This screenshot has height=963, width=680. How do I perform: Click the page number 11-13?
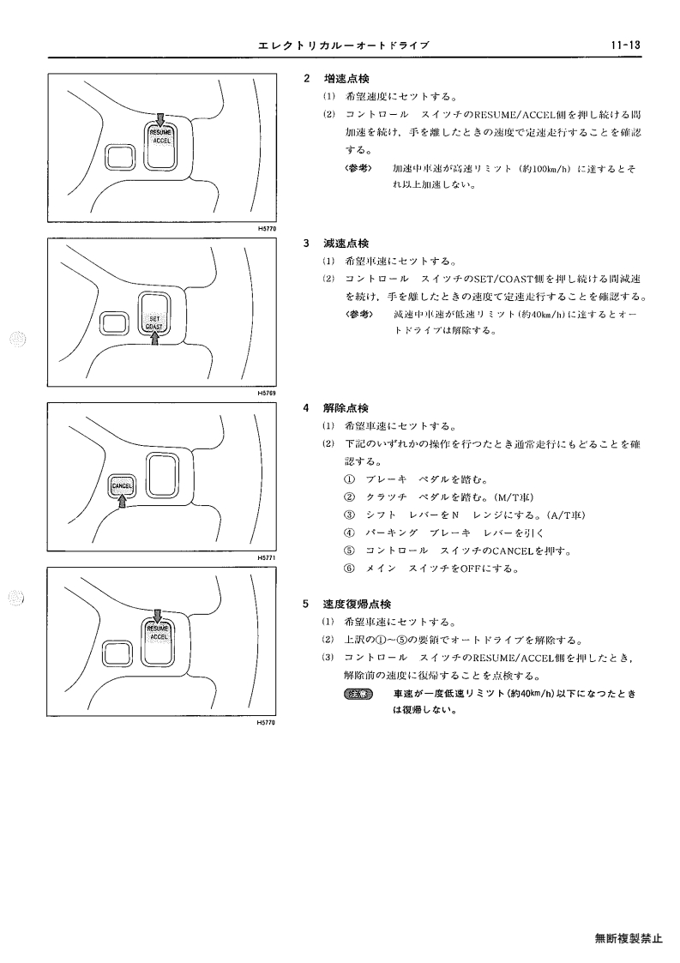click(625, 45)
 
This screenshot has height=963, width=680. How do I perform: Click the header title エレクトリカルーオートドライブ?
click(343, 45)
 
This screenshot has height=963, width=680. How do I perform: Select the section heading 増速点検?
click(346, 79)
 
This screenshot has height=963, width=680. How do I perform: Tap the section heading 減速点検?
click(346, 244)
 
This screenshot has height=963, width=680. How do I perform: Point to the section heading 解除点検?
click(346, 408)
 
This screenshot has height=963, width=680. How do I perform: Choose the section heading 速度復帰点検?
click(358, 604)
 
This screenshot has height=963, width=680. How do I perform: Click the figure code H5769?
click(267, 393)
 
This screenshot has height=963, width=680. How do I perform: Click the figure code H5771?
click(267, 557)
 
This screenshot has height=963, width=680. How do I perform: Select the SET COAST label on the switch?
click(154, 323)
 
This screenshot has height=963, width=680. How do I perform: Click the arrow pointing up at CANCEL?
click(123, 501)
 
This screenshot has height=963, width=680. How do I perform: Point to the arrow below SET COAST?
click(155, 337)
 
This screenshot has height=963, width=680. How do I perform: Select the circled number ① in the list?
click(350, 479)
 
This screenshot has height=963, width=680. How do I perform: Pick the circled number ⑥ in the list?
click(350, 569)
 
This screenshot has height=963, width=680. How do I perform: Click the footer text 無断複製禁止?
click(629, 938)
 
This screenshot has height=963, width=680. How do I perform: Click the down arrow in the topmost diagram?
click(160, 119)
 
